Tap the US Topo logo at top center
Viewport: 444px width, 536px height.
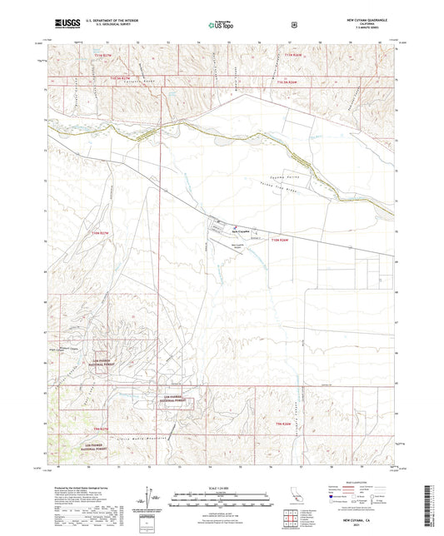pos(221,26)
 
